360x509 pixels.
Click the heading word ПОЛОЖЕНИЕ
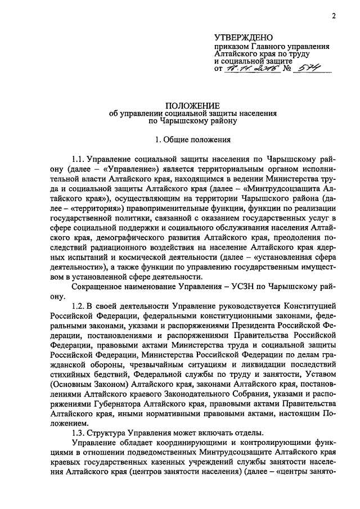pos(180,105)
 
